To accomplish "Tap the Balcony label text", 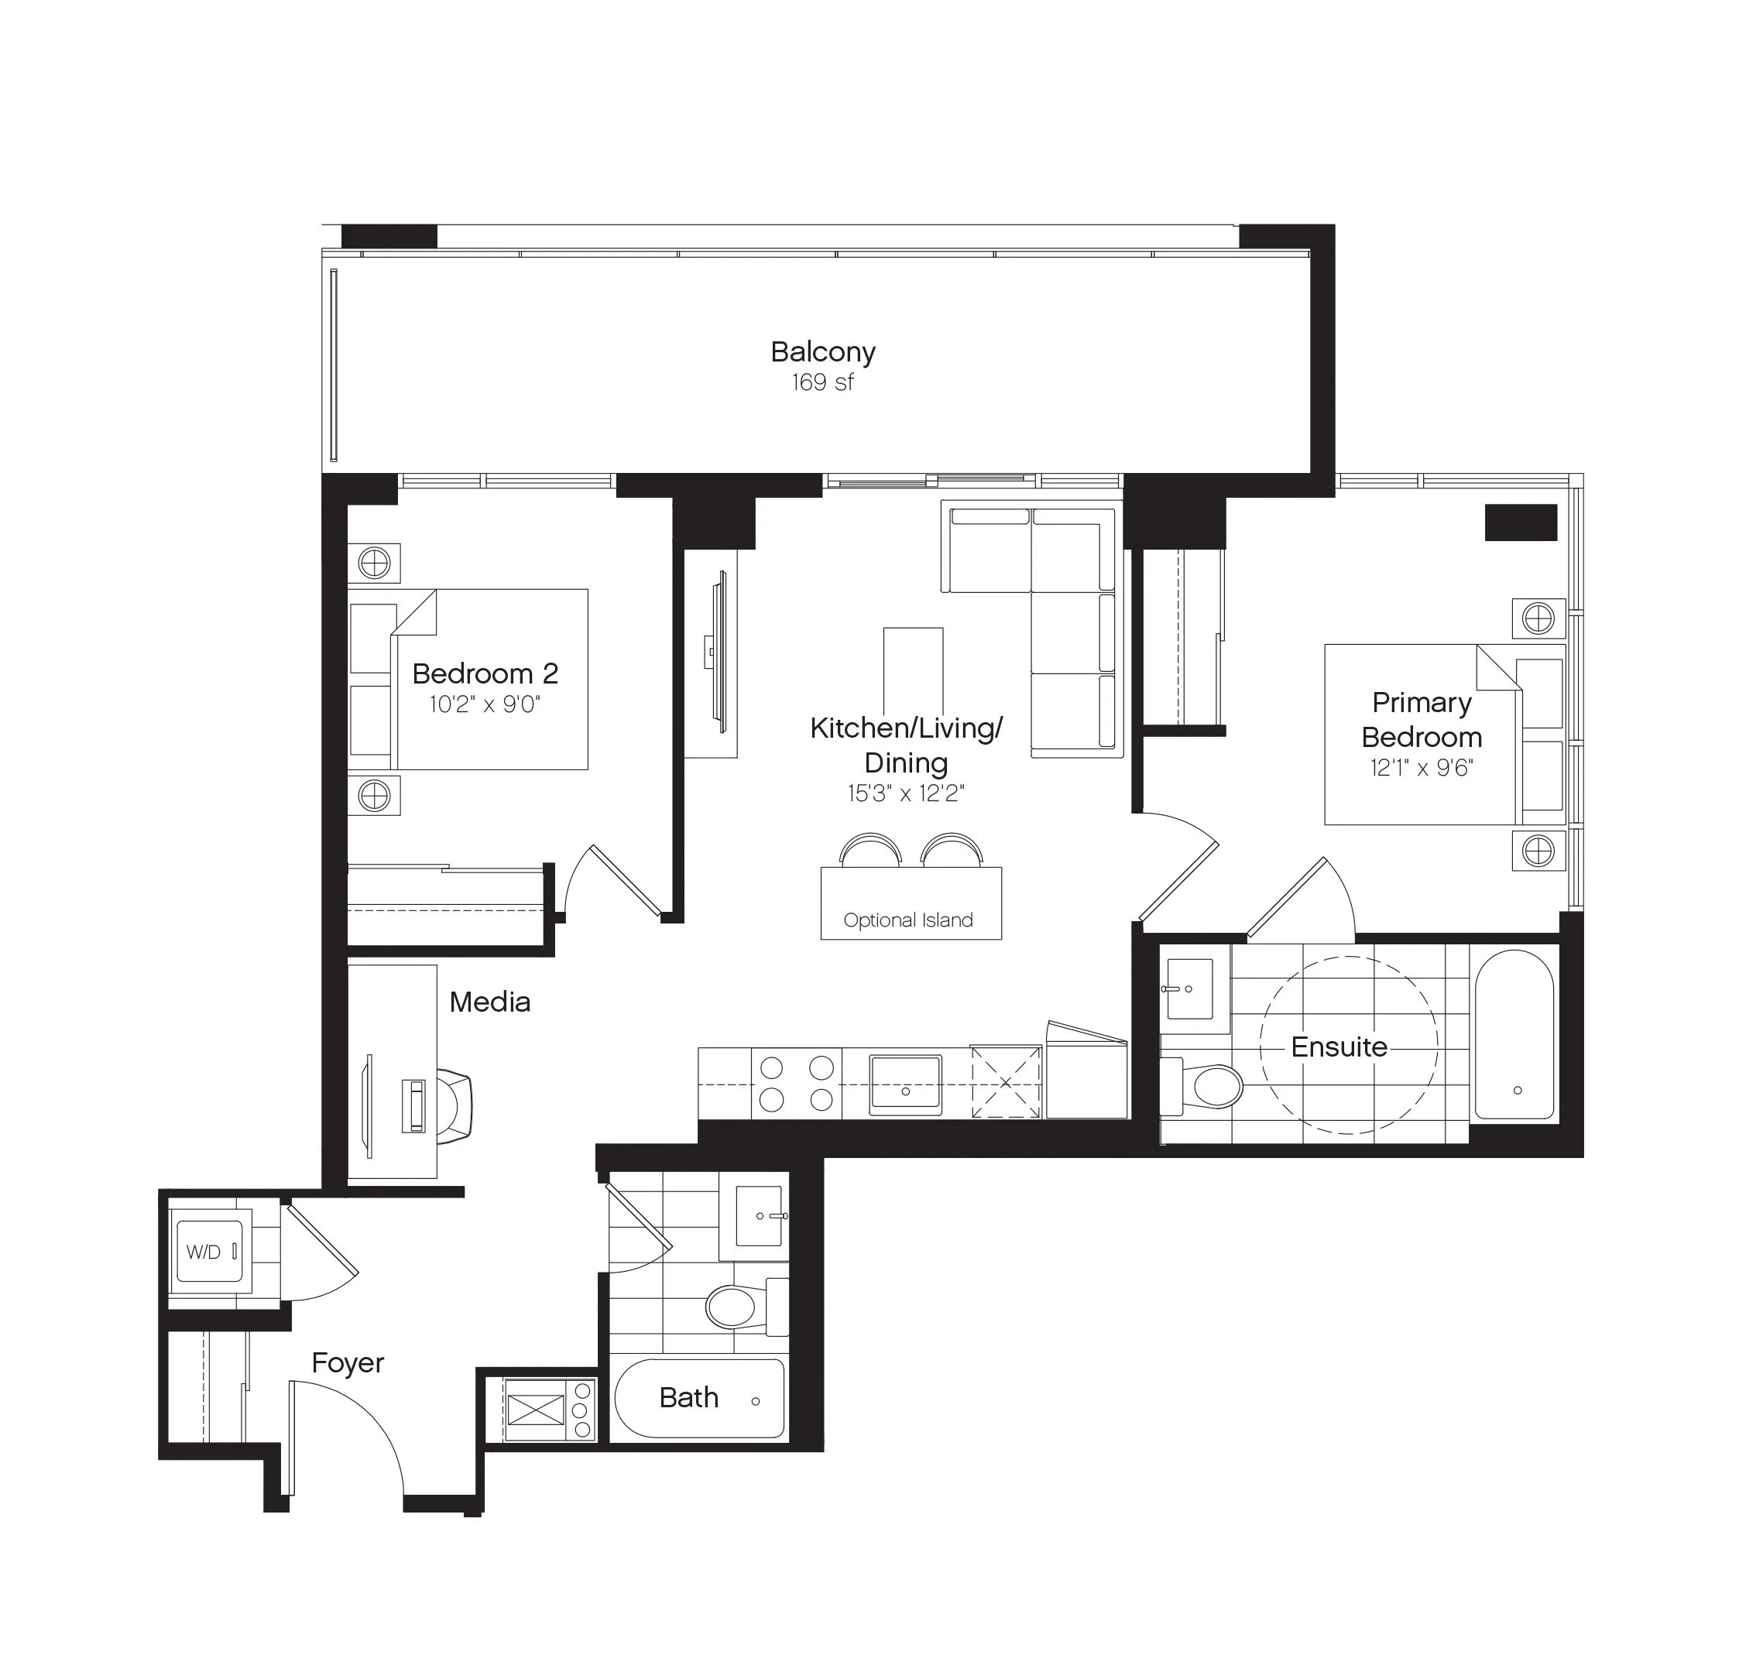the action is (x=823, y=353).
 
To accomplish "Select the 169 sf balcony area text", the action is (x=823, y=382).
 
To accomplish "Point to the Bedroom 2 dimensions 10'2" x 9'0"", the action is (x=485, y=705).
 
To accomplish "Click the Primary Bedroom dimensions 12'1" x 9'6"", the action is (x=1422, y=767).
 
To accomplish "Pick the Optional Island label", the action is (x=908, y=920).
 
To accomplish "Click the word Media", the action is (x=489, y=1002).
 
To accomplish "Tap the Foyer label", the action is (x=348, y=1362).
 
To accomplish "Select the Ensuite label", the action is (x=1339, y=1047).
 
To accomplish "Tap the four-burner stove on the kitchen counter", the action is (x=797, y=1082).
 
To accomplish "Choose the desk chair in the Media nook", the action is (x=454, y=1106).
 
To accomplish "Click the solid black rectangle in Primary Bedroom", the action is (x=1521, y=522).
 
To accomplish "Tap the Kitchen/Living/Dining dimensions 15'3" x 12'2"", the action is (x=906, y=793).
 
